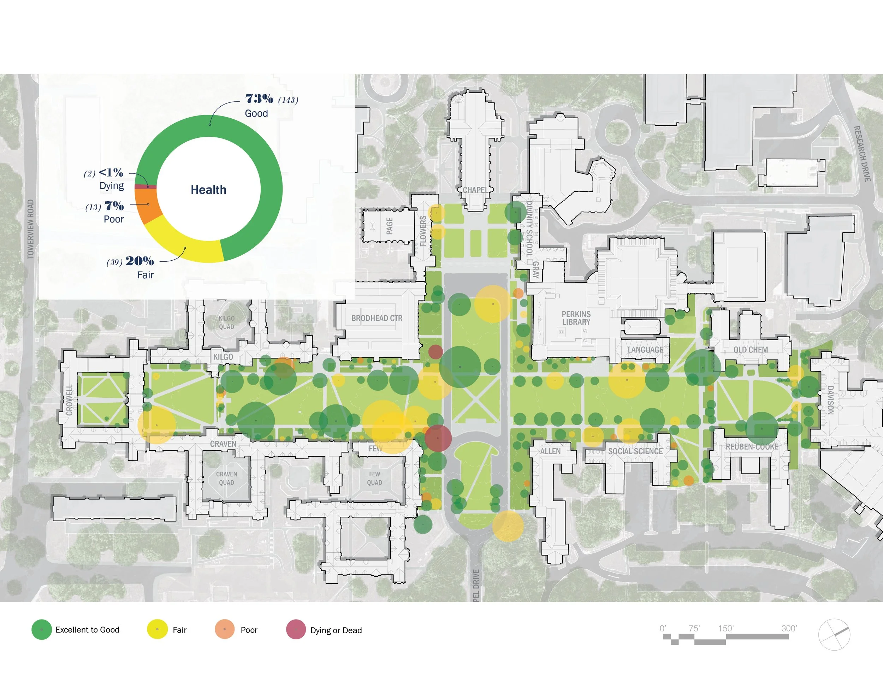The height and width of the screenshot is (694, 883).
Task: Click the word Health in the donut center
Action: pos(208,190)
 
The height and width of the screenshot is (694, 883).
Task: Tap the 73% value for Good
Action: pos(259,99)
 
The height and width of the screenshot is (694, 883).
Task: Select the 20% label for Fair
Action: pos(140,261)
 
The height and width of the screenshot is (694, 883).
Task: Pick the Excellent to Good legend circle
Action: pos(41,629)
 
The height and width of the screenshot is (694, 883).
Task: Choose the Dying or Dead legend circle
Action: pos(296,629)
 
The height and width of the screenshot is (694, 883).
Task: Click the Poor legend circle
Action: pos(225,629)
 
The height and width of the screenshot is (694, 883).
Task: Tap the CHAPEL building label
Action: pos(475,190)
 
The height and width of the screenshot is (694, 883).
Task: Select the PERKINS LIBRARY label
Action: pos(576,318)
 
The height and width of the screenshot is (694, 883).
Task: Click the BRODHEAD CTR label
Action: pos(377,318)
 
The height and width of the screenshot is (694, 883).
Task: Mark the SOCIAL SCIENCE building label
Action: pos(635,451)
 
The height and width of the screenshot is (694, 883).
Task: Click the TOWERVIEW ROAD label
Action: pos(31,229)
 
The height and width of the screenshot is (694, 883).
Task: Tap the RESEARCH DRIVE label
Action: pos(862,154)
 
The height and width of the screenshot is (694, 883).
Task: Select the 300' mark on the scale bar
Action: pos(789,628)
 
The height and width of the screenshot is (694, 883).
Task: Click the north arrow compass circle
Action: pos(834,634)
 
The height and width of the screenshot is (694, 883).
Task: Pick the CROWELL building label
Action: pos(70,400)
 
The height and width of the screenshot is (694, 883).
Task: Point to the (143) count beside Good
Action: pos(288,100)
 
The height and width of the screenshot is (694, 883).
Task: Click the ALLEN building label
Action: pos(550,451)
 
